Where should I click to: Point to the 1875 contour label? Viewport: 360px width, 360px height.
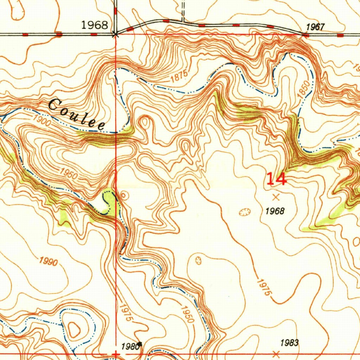pos(179,77)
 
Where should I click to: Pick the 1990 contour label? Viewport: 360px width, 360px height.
pos(49,262)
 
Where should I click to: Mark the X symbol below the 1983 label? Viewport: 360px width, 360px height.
pos(276,353)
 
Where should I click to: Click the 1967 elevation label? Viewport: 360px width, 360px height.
pos(315,27)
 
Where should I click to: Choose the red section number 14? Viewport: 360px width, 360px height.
pos(276,179)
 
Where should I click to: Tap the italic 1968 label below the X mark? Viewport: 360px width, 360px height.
pos(275,211)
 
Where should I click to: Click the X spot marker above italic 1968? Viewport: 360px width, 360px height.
pos(276,197)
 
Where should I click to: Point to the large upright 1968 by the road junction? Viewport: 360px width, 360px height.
pos(95,25)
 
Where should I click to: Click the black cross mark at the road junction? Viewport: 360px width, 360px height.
pos(115,34)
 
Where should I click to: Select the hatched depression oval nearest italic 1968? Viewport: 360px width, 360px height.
pos(244,212)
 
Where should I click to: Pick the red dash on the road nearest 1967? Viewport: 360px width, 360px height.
pos(305,35)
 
